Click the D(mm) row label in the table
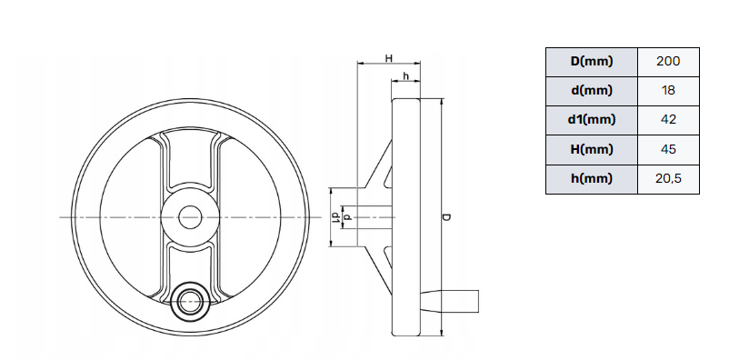(592, 62)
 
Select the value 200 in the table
(668, 62)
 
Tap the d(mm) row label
(592, 90)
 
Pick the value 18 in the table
(668, 90)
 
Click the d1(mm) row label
(592, 119)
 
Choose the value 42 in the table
(668, 119)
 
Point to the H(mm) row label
(592, 149)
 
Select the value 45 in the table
(668, 149)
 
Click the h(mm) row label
(592, 178)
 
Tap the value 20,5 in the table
(668, 178)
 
